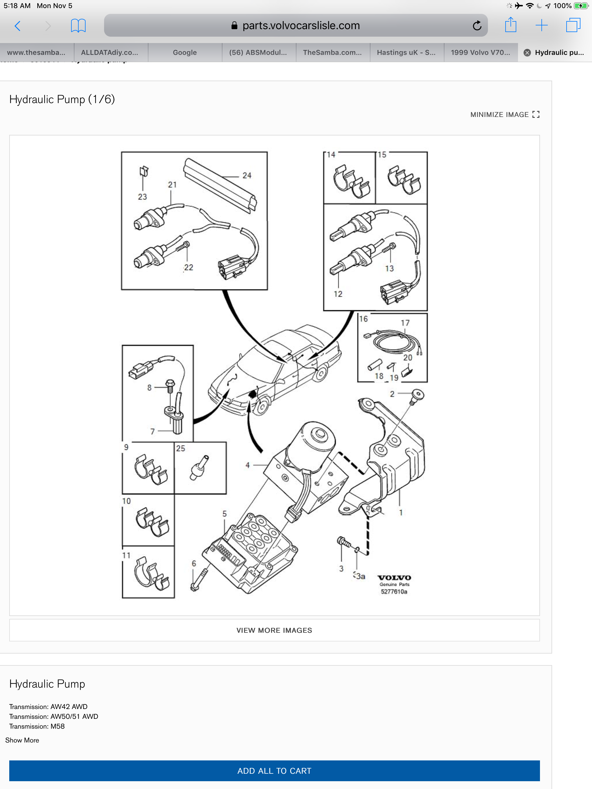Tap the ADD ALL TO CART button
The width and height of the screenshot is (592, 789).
tap(274, 771)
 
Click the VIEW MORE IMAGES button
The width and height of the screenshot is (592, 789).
tap(274, 630)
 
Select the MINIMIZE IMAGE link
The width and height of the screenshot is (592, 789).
tap(504, 114)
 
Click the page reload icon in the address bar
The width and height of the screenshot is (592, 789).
tap(477, 26)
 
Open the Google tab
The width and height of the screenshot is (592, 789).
tap(185, 53)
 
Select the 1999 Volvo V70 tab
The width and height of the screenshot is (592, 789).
tap(480, 53)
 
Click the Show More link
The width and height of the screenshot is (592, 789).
tap(22, 740)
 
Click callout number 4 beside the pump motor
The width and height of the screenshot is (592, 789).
tap(247, 465)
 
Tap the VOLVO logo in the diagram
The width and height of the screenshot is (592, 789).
tap(394, 578)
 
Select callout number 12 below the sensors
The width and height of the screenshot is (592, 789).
tap(338, 294)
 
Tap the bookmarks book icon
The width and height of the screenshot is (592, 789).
tap(78, 26)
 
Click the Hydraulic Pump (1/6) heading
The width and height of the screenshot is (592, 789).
tap(62, 99)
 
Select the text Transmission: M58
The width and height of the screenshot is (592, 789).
tap(37, 726)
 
